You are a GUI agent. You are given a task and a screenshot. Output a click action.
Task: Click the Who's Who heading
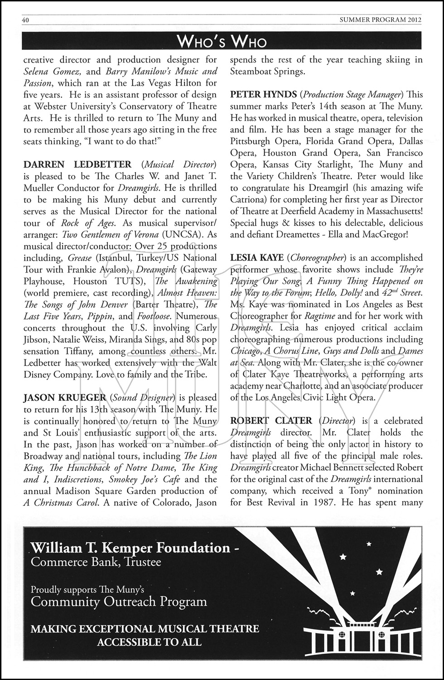pos(222,42)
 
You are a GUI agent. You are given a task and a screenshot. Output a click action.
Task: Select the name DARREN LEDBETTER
pos(77,164)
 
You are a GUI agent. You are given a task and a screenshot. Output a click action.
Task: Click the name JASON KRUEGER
pos(64,398)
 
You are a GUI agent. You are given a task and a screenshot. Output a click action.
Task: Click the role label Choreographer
pos(318,257)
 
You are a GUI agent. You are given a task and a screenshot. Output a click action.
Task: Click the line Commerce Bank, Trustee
pos(96,562)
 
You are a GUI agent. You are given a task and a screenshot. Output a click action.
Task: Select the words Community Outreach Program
pos(119,602)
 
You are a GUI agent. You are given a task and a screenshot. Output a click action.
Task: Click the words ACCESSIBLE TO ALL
pos(149,642)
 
